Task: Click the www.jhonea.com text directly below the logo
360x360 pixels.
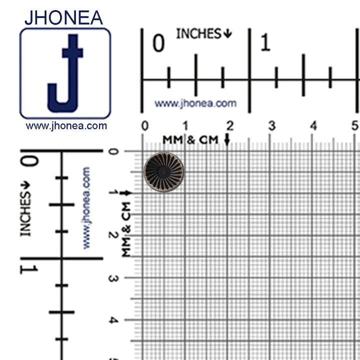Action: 66,126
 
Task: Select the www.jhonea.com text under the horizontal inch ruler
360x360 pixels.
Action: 195,103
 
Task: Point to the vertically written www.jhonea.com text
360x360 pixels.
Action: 86,207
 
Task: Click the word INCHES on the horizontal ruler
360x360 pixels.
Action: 198,34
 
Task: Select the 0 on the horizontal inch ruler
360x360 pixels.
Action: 158,44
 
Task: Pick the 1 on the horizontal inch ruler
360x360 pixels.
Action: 265,44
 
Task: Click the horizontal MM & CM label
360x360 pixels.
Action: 190,140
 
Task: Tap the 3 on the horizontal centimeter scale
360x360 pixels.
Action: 271,126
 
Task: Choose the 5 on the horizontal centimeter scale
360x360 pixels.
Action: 355,126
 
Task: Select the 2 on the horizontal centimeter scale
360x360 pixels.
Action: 229,126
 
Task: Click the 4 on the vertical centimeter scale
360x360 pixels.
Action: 113,320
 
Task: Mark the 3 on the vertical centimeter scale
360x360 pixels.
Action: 113,278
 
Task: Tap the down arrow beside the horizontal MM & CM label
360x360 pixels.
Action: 227,140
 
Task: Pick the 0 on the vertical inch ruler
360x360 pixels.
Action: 29,161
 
